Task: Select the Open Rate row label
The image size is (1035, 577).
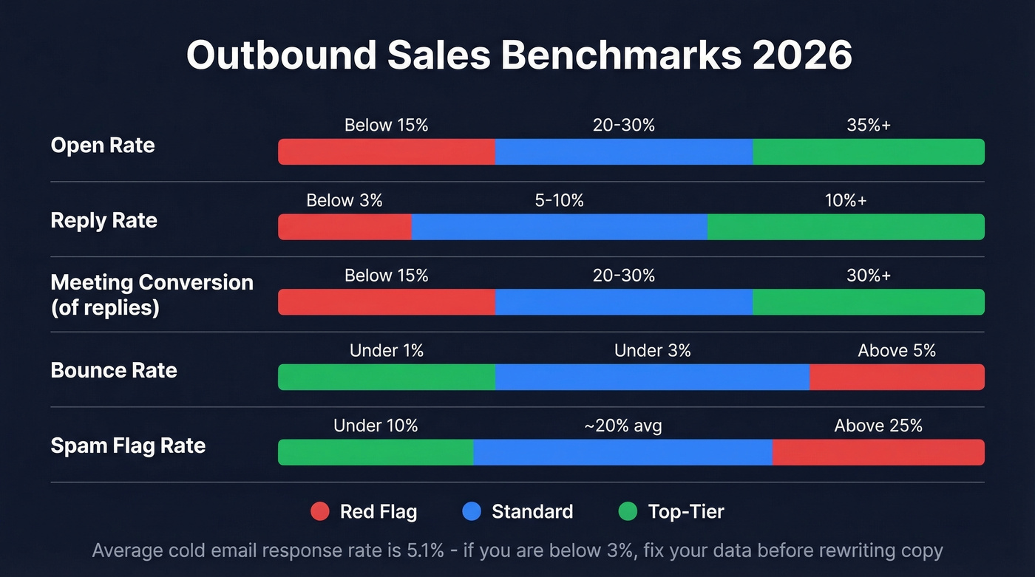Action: tap(103, 146)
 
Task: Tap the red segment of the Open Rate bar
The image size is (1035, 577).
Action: tap(386, 151)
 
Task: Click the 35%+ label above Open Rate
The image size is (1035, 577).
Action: tap(869, 126)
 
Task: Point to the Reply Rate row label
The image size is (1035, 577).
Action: tap(104, 221)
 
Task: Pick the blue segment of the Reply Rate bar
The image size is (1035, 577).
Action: tap(559, 227)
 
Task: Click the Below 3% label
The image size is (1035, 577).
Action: tap(345, 201)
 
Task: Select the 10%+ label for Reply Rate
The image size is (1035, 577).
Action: tap(846, 201)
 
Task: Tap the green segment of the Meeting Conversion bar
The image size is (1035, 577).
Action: tap(869, 302)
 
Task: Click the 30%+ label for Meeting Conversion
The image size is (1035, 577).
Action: tap(869, 276)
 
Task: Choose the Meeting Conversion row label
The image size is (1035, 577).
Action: tap(152, 294)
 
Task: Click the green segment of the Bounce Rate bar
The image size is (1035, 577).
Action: tap(386, 377)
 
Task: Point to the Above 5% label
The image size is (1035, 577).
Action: tap(897, 351)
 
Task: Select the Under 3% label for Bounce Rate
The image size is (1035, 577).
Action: tap(652, 351)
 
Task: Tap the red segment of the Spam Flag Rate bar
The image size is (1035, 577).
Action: tap(878, 452)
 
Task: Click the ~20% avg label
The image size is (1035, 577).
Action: tap(622, 426)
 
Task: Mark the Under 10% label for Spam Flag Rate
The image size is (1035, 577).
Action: tap(376, 426)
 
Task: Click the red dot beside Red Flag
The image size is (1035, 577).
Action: tap(320, 511)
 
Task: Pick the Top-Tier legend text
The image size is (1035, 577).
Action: tap(686, 512)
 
